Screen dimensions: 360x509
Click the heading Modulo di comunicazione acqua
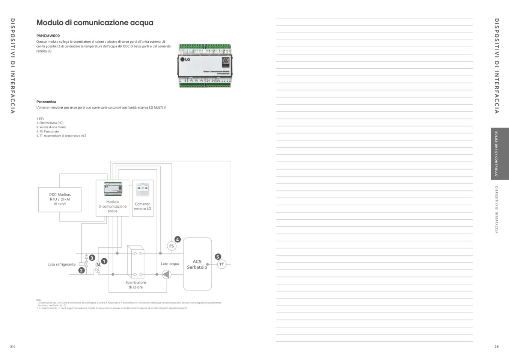95,23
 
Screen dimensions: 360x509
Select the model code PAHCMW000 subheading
48,36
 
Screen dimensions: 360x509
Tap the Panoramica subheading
46,102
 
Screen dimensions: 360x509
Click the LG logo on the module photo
185,59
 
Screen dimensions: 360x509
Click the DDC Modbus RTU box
60,199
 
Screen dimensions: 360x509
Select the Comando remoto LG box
143,198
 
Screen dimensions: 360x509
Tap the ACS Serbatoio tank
197,264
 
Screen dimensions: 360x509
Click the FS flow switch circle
172,246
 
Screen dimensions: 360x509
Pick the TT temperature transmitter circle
221,264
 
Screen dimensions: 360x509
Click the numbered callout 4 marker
178,239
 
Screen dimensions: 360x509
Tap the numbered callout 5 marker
218,257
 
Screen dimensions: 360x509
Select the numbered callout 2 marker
81,270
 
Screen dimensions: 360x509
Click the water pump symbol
166,274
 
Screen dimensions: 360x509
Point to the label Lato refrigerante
62,264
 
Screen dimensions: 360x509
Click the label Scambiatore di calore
136,285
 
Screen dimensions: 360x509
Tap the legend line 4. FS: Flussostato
48,131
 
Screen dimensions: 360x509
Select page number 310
13,346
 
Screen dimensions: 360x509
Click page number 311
497,346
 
